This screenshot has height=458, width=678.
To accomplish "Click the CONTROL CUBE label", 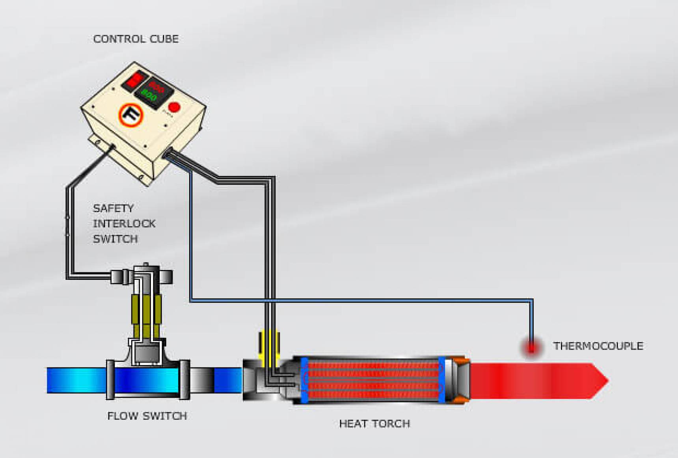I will pos(136,39).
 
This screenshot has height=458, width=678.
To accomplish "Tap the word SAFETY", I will pos(113,208).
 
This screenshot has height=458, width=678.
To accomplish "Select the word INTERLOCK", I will pos(124,223).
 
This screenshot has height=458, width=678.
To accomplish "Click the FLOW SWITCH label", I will pos(147,416).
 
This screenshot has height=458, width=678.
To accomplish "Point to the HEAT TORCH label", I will pos(374,424).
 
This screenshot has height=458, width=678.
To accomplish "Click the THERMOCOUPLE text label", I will pos(598,346).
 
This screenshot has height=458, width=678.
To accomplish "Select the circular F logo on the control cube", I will pos(130,115).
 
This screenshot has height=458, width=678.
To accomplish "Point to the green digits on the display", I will pos(149,95).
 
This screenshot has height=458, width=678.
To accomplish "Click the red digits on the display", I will pos(156,86).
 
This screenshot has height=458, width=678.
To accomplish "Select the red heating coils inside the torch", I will pos(373,380).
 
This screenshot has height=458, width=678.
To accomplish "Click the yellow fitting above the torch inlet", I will pos(269,343).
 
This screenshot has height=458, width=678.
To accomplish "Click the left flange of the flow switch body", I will pos(110,380).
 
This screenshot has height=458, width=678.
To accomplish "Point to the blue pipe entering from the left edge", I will pos(75,380).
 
